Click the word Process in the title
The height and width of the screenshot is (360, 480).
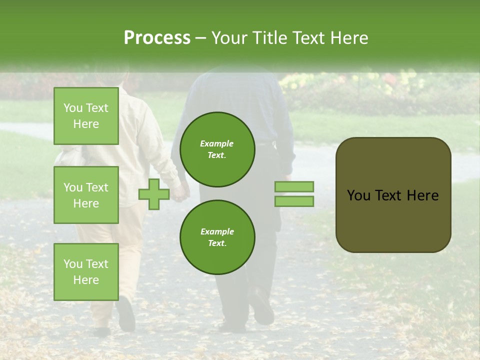157,38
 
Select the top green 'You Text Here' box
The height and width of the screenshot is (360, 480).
86,116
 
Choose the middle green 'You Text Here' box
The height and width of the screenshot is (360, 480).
86,195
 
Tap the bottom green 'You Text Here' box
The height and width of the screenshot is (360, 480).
86,271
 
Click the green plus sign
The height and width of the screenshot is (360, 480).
153,194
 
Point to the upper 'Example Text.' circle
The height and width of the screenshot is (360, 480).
217,149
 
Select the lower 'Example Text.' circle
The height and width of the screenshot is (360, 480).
217,237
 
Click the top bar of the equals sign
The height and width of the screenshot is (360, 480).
294,186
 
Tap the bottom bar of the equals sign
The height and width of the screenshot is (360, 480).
294,201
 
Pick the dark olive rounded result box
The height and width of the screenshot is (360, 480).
393,220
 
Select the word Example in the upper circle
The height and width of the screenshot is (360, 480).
217,143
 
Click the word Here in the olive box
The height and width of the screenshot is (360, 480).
423,195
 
